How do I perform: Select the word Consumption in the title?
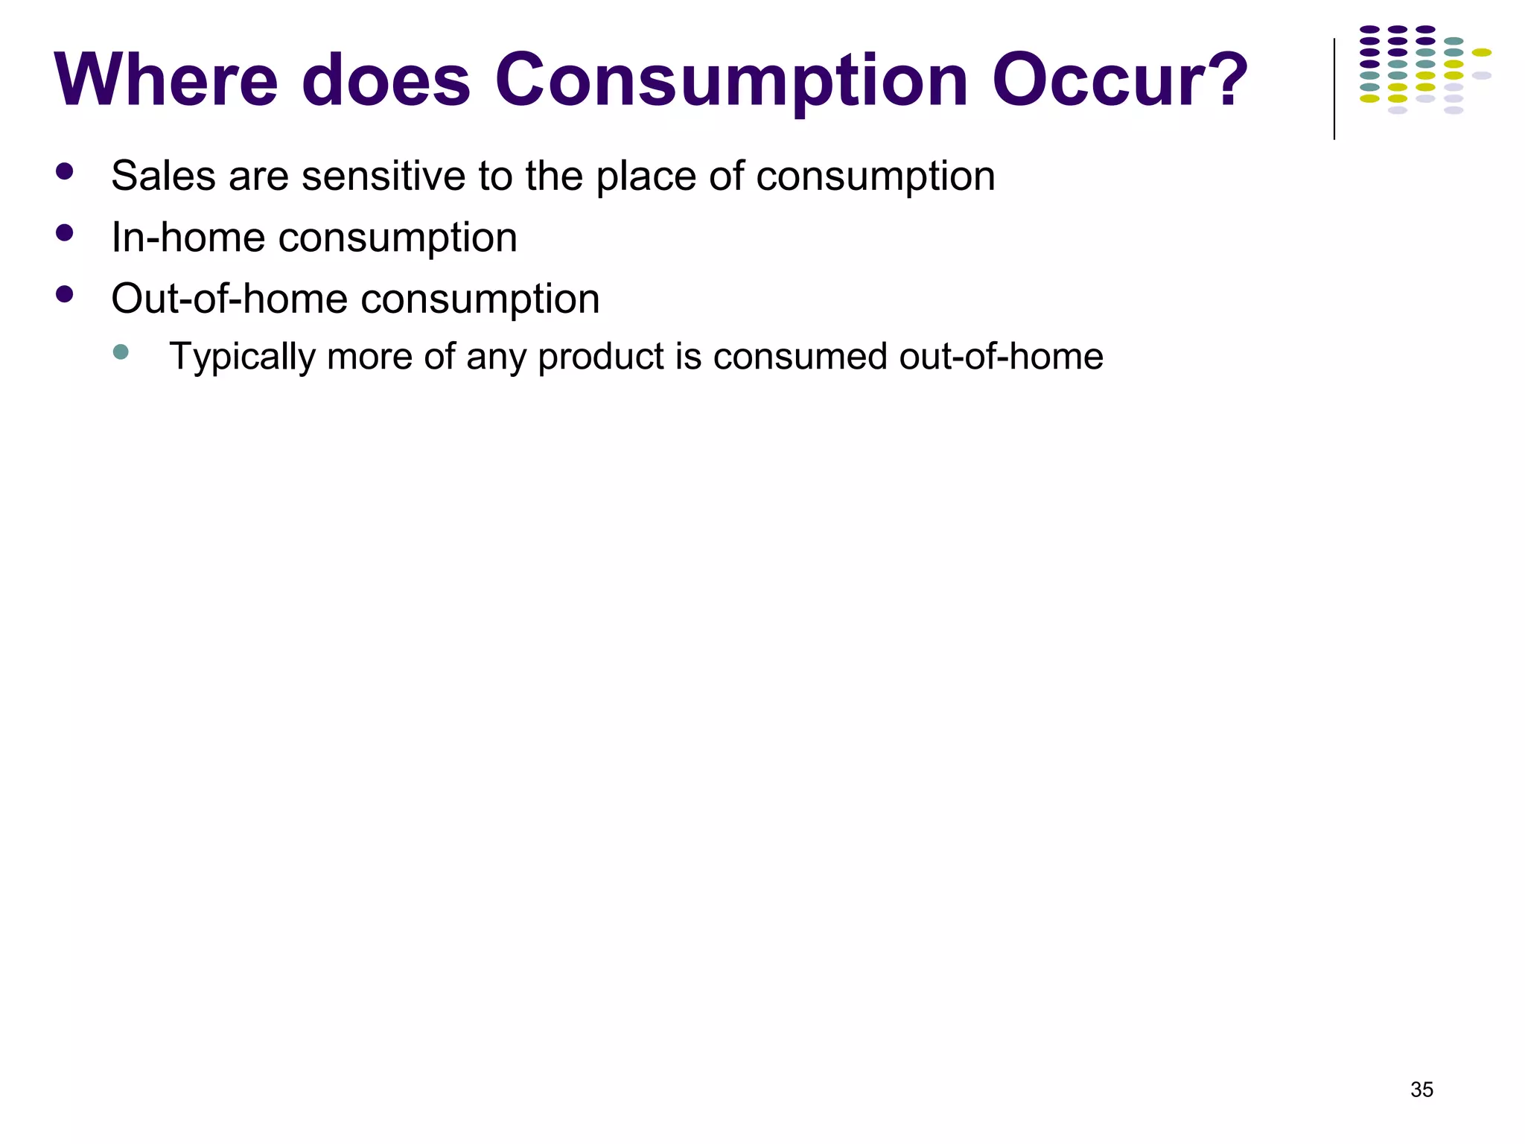731,82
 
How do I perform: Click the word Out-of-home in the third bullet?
229,299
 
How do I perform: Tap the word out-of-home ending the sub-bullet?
1001,356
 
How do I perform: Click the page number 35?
1421,1090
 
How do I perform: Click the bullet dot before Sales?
65,172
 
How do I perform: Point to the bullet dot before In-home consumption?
65,233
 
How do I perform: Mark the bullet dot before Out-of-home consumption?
65,294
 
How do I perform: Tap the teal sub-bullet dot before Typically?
121,352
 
